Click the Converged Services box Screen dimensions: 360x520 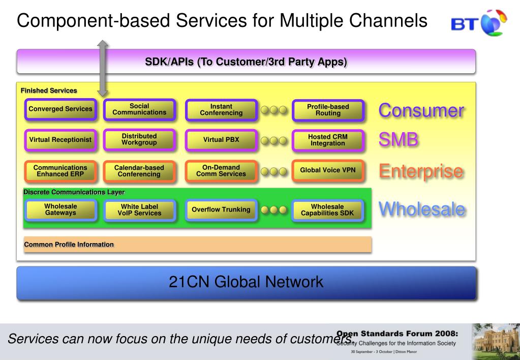pyautogui.click(x=60, y=109)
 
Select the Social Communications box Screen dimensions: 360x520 pyautogui.click(x=139, y=109)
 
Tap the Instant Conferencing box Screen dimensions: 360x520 pyautogui.click(x=221, y=109)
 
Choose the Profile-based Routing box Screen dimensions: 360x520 pyautogui.click(x=328, y=110)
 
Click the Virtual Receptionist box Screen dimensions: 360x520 pyautogui.click(x=60, y=140)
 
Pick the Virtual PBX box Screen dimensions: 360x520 pyautogui.click(x=221, y=140)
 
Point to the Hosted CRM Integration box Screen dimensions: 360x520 pyautogui.click(x=328, y=140)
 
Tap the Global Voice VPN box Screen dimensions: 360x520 pyautogui.click(x=328, y=171)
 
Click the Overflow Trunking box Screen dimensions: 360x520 pyautogui.click(x=221, y=209)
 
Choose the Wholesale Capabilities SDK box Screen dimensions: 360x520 pyautogui.click(x=328, y=209)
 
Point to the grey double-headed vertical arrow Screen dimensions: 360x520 pyautogui.click(x=103, y=68)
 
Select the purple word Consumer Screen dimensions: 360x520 pyautogui.click(x=420, y=110)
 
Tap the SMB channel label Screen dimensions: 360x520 pyautogui.click(x=398, y=141)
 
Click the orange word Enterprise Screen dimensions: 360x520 pyautogui.click(x=420, y=171)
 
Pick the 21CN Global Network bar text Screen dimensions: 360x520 pyautogui.click(x=246, y=282)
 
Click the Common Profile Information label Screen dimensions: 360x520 pyautogui.click(x=69, y=245)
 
